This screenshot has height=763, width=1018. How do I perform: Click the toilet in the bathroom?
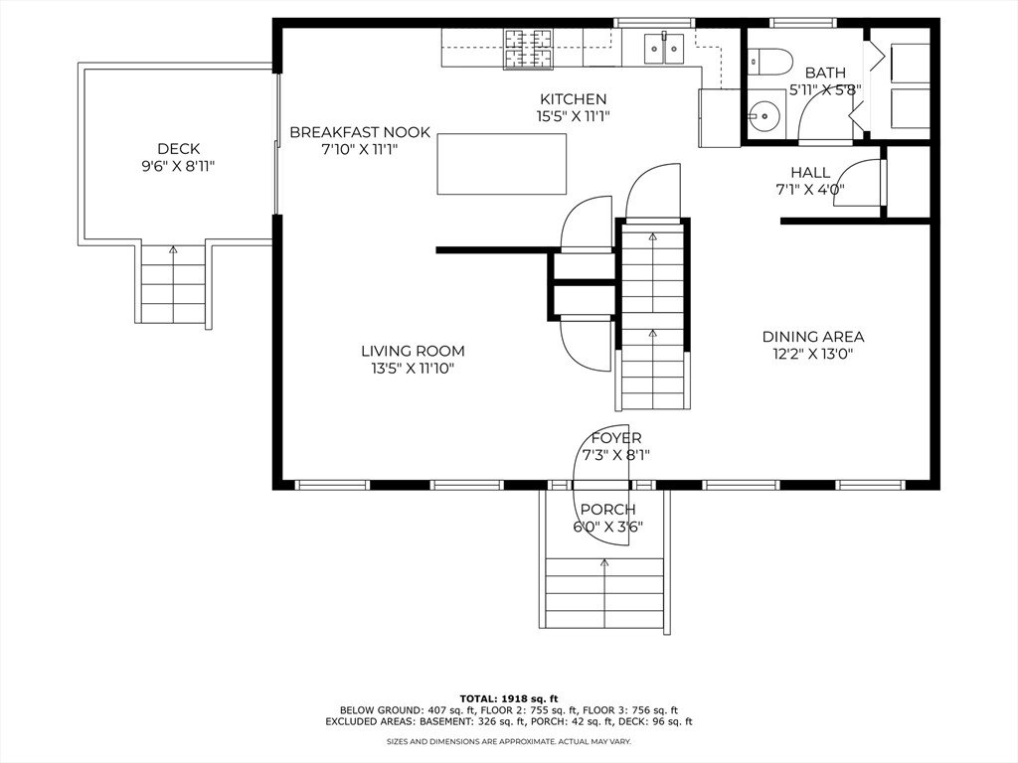click(770, 63)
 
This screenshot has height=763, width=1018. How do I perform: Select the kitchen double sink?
click(664, 48)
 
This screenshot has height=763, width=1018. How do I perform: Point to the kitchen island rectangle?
click(501, 164)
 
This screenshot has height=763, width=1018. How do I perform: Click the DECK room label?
click(179, 149)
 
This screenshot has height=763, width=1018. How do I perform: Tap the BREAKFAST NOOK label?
click(360, 132)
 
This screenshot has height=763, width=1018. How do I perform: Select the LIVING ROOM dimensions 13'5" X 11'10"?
click(413, 369)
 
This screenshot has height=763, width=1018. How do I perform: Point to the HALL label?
click(810, 173)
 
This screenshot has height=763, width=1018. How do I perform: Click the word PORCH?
click(607, 510)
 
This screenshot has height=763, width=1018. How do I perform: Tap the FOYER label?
click(616, 438)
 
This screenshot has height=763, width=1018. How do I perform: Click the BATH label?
click(826, 73)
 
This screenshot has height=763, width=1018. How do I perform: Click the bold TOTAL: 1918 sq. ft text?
click(509, 698)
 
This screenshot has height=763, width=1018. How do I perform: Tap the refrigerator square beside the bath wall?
click(720, 117)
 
